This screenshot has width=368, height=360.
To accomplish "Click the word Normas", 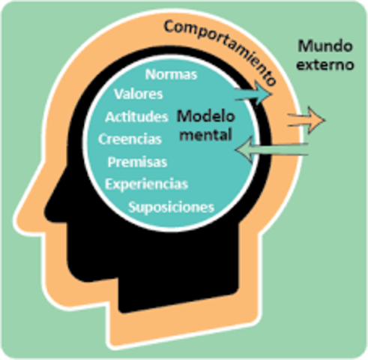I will click(x=171, y=75).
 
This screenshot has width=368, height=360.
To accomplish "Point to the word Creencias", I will click(x=129, y=139).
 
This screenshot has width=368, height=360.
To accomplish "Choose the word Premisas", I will click(x=137, y=161).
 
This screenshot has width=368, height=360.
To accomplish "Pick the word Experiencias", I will click(x=146, y=184).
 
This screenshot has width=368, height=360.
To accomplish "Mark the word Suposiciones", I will click(x=172, y=206).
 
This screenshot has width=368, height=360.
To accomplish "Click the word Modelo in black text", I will click(x=205, y=117).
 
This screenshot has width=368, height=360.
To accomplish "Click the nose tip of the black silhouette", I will click(x=47, y=203).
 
